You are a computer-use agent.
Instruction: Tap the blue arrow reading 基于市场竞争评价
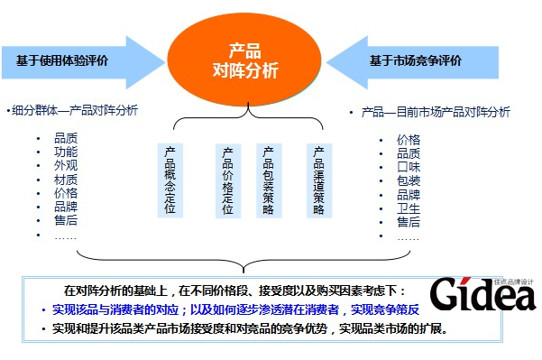point(414,61)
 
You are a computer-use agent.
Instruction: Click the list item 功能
point(65,152)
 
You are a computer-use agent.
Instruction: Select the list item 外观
point(65,166)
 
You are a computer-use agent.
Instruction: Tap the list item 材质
point(65,180)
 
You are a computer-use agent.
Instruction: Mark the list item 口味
point(408,167)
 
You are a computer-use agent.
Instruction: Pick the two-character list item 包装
point(408,180)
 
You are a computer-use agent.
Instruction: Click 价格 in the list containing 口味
point(408,140)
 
